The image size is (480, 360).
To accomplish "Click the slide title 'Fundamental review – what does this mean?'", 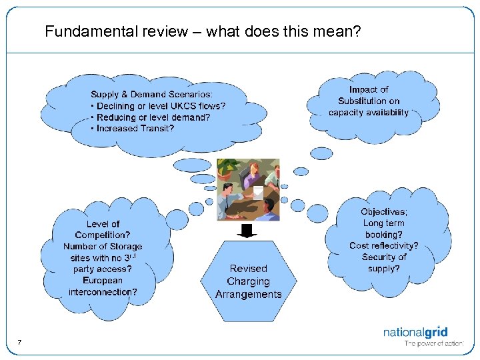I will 203,31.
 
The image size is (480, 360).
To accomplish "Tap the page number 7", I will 19,343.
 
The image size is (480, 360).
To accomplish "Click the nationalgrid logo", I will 415,331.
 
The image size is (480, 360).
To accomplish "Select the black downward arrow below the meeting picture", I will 248,231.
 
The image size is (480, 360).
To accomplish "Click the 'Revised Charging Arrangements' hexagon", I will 249,281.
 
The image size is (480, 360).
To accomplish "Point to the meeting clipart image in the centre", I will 249,189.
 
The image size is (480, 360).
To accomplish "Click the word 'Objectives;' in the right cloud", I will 384,212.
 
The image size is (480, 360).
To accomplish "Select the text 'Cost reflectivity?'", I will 384,245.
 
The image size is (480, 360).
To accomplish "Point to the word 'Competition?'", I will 103,235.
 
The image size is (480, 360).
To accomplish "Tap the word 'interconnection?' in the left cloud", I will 103,291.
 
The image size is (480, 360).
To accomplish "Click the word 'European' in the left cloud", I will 103,280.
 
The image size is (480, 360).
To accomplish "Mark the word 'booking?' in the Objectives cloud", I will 384,235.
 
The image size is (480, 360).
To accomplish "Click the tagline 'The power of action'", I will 433,344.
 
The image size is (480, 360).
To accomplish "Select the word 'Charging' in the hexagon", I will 249,281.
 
